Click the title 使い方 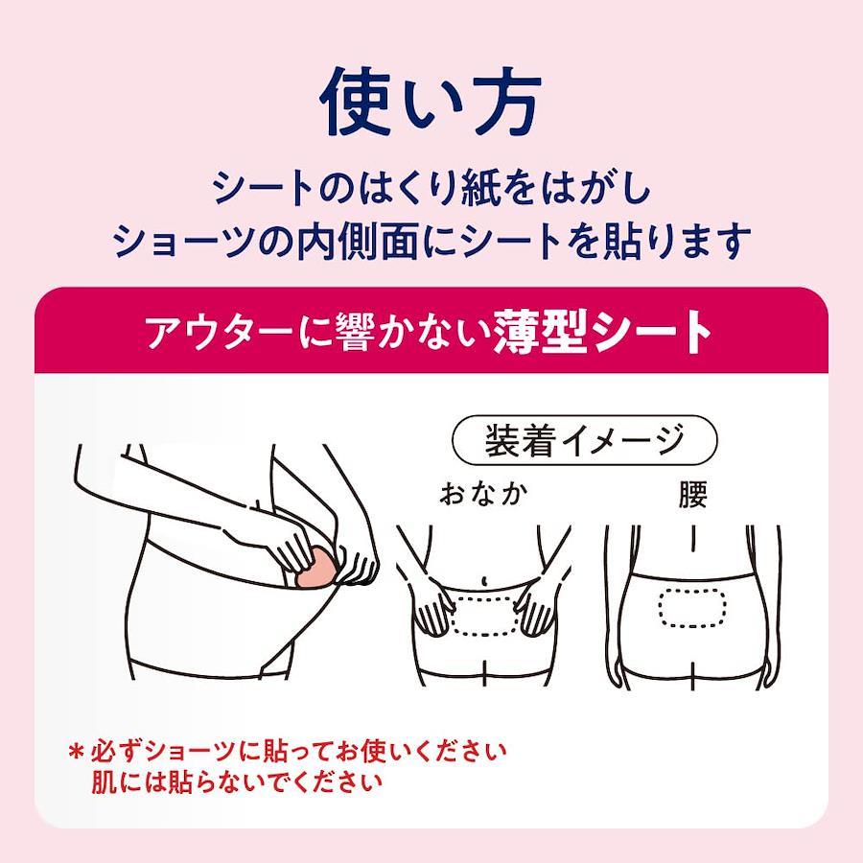[431, 103]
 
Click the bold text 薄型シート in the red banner [603, 332]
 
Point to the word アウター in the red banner [221, 333]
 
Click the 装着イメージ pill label [585, 440]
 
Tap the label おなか [484, 494]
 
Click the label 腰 [692, 494]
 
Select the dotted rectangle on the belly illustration [484, 615]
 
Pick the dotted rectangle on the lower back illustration [690, 608]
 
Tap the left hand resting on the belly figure [434, 610]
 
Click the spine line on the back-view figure [693, 538]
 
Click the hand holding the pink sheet [297, 545]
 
